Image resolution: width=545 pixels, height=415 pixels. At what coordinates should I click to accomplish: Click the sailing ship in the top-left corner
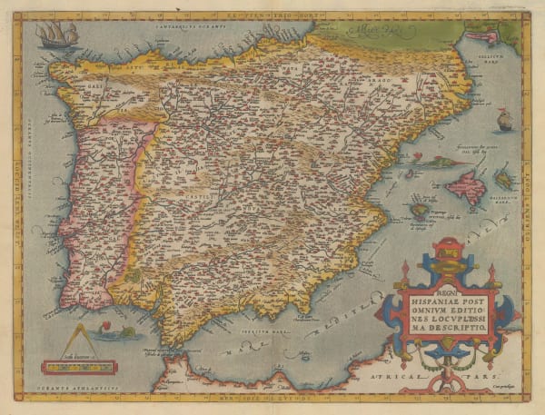click(54, 35)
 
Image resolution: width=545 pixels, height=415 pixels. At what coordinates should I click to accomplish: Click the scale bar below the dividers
click(78, 367)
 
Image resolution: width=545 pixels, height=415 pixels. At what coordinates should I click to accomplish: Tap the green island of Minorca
click(502, 179)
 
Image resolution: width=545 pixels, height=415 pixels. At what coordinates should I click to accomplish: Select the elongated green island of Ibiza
click(421, 209)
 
